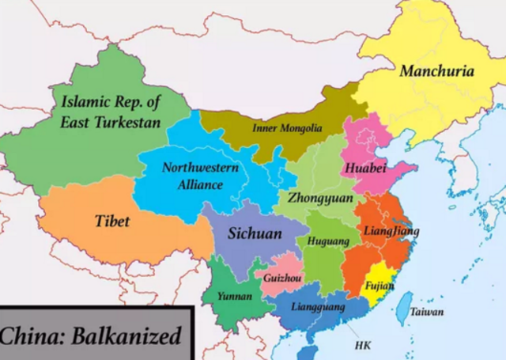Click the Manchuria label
[x=436, y=71]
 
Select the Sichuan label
[x=255, y=233]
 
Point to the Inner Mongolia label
[x=287, y=128]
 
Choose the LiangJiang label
[x=391, y=231]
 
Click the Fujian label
[x=379, y=286]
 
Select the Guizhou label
[x=282, y=279]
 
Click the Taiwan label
[x=426, y=313]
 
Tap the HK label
[x=363, y=346]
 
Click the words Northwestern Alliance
[x=193, y=176]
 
